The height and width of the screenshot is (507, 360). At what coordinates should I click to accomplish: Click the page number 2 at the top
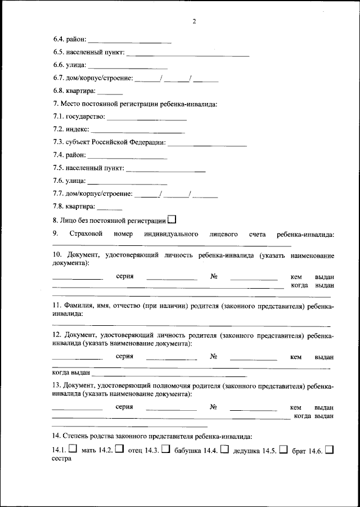tap(193, 21)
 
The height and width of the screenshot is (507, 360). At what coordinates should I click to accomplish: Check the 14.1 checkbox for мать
tap(73, 449)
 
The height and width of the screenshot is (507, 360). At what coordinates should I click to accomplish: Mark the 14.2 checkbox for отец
tap(119, 449)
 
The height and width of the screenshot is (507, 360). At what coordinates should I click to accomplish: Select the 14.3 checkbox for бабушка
tap(165, 449)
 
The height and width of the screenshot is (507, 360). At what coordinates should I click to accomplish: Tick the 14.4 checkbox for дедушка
tap(224, 449)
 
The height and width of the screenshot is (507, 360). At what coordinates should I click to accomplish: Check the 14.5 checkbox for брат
tap(283, 449)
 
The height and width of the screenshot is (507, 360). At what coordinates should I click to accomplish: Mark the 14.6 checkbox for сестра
tap(330, 449)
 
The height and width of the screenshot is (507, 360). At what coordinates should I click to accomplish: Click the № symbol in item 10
tap(214, 277)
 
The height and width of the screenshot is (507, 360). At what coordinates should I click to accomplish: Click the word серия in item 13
tap(124, 407)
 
